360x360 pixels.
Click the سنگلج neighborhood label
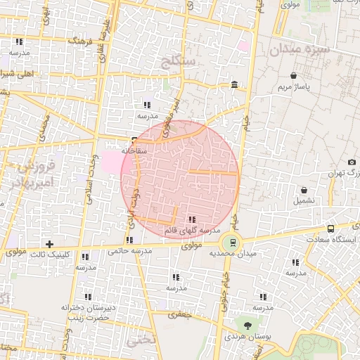(x=179, y=60)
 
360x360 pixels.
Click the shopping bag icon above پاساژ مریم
(x=292, y=76)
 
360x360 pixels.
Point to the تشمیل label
(x=304, y=201)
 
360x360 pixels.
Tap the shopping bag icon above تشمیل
(x=304, y=190)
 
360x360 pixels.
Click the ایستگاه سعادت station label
(x=331, y=240)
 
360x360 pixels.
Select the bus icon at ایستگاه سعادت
(x=331, y=229)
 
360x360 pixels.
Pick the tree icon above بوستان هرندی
(x=247, y=325)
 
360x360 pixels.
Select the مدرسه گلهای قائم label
(x=192, y=231)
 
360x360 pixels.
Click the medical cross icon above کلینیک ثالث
(x=49, y=243)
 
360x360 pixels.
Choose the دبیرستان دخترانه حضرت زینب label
(x=88, y=312)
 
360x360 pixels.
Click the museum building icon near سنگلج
(x=234, y=86)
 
